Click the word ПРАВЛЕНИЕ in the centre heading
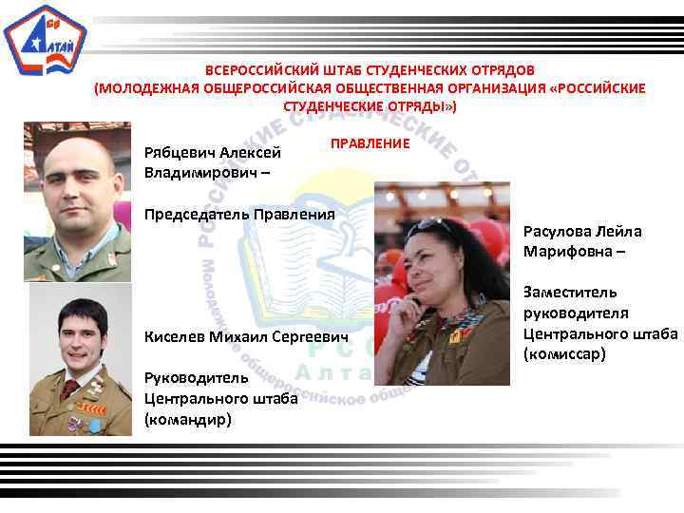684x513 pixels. tap(370, 142)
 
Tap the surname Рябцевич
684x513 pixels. tap(179, 152)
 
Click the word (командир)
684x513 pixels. tap(188, 418)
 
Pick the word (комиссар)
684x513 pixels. tap(563, 354)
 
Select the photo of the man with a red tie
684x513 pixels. tap(80, 359)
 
